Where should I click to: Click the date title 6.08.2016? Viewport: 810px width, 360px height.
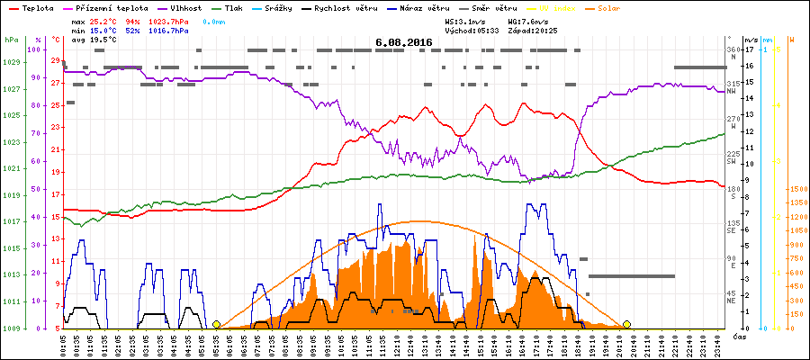(x=404, y=42)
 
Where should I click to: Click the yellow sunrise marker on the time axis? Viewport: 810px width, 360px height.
(x=216, y=325)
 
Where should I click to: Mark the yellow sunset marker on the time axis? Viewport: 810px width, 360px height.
(x=626, y=325)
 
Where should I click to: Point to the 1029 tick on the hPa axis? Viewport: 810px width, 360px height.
(x=11, y=62)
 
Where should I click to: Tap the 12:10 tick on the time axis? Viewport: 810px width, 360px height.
(x=404, y=344)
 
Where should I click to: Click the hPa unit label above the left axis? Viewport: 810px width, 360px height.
(x=11, y=40)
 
